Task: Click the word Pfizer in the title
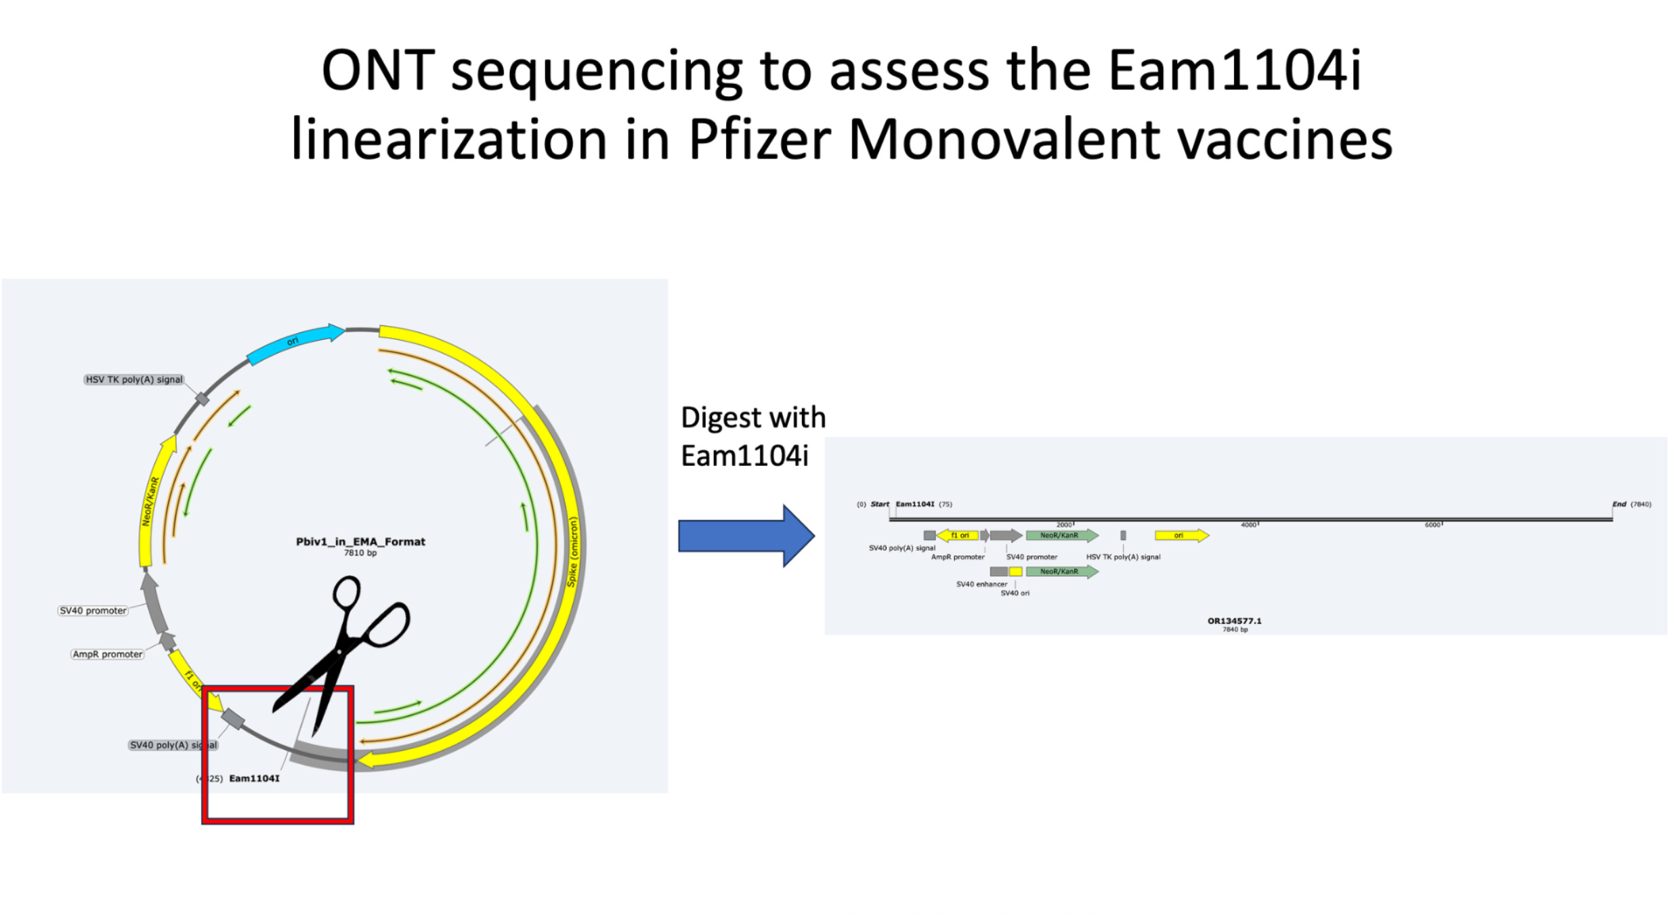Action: coord(760,140)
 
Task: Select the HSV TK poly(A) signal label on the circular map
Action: coord(134,379)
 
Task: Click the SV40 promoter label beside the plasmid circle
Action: coord(93,610)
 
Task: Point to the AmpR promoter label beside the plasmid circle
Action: coord(108,654)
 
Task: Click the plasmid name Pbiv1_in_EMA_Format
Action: coord(360,542)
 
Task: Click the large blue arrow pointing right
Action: coord(745,536)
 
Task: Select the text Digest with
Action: coord(753,418)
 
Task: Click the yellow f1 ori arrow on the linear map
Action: coord(958,536)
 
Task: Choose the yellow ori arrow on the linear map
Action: coord(1181,536)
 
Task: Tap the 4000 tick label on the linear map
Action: coord(1248,525)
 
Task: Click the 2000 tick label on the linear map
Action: coord(1063,525)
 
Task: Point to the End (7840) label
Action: coord(1631,504)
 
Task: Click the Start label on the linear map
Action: coord(880,504)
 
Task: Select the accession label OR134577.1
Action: coord(1234,620)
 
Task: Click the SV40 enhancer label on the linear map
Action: coord(981,584)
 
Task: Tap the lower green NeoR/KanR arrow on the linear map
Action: coord(1061,572)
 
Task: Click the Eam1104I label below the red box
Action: coord(254,778)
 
